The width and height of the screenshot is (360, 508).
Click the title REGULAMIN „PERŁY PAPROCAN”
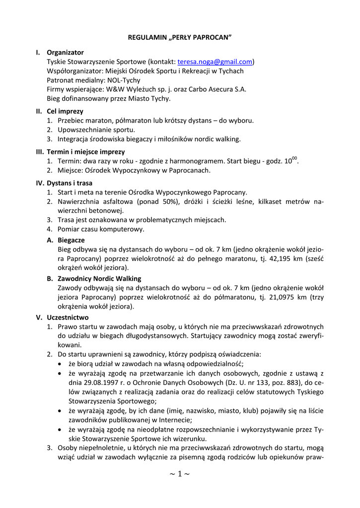tap(180, 37)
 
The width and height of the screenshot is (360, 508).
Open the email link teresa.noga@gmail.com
tap(215, 62)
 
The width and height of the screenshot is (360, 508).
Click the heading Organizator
tap(65, 52)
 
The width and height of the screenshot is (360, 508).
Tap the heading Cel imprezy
tap(65, 111)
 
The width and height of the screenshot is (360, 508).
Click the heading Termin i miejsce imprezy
tap(85, 151)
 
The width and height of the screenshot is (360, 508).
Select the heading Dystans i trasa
tap(70, 183)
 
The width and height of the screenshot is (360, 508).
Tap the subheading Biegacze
tap(71, 240)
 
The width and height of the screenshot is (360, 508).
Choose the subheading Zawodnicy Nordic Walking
tap(99, 278)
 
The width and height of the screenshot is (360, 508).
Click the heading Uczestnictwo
tap(68, 317)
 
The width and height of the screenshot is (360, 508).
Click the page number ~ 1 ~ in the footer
tap(180, 474)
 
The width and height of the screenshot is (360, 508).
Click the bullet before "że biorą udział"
tap(61, 364)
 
